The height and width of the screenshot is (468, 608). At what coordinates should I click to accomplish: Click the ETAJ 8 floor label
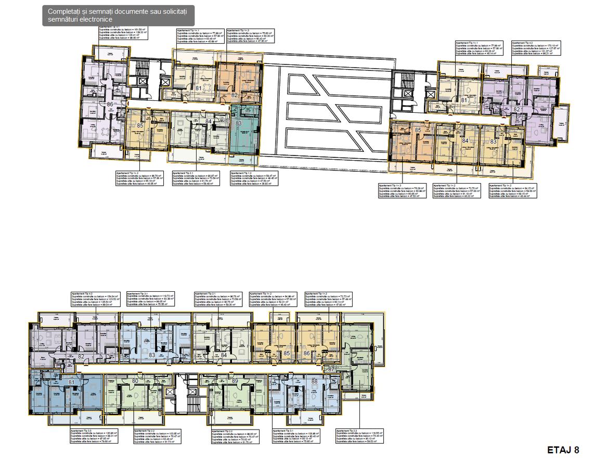(x=563, y=450)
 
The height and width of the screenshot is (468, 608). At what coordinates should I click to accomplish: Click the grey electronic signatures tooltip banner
(x=118, y=16)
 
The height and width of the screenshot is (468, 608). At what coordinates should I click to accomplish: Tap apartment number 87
(x=331, y=369)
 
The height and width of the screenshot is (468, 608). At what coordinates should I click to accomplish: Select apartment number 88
(x=314, y=381)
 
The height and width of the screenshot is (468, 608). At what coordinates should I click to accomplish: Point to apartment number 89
(x=235, y=381)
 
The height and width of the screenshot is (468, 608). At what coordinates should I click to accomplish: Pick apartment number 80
(x=135, y=381)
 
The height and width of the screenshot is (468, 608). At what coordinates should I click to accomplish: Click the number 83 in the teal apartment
(x=239, y=123)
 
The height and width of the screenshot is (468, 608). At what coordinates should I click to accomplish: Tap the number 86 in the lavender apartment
(x=110, y=105)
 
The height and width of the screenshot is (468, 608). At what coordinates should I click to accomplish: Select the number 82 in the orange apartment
(x=235, y=95)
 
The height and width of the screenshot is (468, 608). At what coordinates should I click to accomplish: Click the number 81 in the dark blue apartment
(x=72, y=383)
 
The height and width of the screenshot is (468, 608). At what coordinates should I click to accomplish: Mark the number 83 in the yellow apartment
(x=493, y=141)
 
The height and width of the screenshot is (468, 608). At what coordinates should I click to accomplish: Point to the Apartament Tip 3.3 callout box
(x=94, y=437)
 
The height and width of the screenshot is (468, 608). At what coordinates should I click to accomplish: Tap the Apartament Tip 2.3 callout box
(x=359, y=437)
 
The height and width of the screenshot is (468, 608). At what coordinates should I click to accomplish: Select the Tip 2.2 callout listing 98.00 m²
(x=235, y=437)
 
